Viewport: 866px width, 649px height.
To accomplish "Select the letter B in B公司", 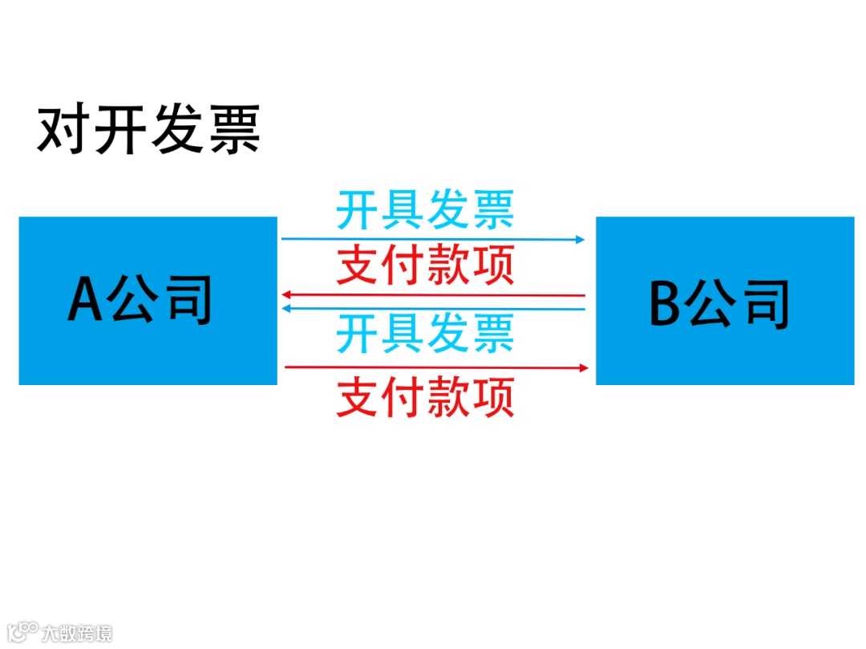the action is click(665, 304).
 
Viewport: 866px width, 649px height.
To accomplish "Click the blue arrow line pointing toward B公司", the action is click(433, 238).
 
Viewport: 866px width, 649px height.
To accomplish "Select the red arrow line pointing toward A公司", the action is click(433, 295).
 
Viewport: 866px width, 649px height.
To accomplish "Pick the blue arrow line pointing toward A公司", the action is click(433, 308).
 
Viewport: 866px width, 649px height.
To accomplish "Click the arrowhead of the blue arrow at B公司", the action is click(581, 239).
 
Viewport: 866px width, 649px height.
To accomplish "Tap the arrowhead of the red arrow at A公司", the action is click(285, 295).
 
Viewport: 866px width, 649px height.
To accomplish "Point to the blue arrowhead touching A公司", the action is click(285, 307).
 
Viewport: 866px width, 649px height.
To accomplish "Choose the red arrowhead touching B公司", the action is click(585, 367).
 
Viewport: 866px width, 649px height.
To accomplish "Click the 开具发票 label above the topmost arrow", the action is click(425, 209).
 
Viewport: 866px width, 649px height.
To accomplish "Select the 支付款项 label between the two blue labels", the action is click(425, 266).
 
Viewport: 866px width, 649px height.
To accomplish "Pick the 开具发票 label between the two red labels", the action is click(425, 334).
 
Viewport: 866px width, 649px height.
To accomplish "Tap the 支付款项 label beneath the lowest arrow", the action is click(425, 397).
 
